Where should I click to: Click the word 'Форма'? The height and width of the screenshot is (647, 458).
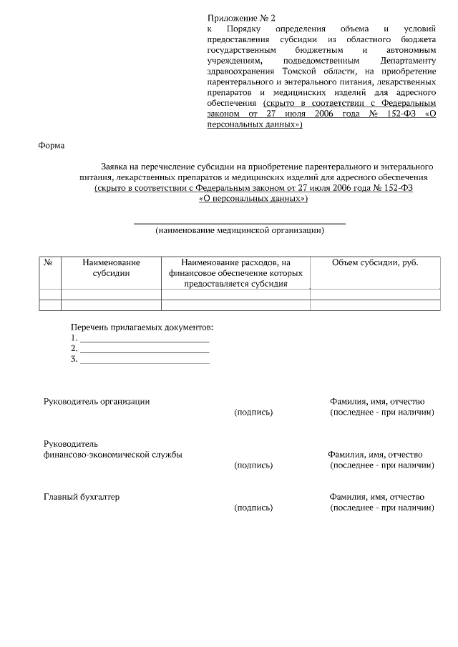coord(51,146)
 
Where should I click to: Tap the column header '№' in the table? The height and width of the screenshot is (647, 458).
coord(49,262)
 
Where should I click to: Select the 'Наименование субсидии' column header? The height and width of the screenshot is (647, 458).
coord(111,267)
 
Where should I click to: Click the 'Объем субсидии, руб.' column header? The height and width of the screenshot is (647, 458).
coord(375,262)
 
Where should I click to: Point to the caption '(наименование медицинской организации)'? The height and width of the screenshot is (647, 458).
coord(240,230)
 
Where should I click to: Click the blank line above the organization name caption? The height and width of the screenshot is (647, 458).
coord(240,223)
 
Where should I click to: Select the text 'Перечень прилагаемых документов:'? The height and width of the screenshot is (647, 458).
coord(142,327)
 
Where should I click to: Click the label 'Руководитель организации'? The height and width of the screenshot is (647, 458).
coord(97,402)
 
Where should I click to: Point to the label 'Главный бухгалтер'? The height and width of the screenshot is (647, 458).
coord(81,497)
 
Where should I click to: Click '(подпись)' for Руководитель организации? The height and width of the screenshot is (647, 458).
coord(253,413)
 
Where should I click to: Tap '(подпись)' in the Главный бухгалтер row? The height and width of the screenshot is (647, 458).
coord(253,508)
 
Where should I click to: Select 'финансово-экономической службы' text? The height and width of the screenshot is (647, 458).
coord(112,455)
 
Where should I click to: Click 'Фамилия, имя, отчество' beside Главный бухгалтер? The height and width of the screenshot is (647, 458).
coord(376,497)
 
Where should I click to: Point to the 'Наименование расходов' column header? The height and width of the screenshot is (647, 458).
coord(235,272)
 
